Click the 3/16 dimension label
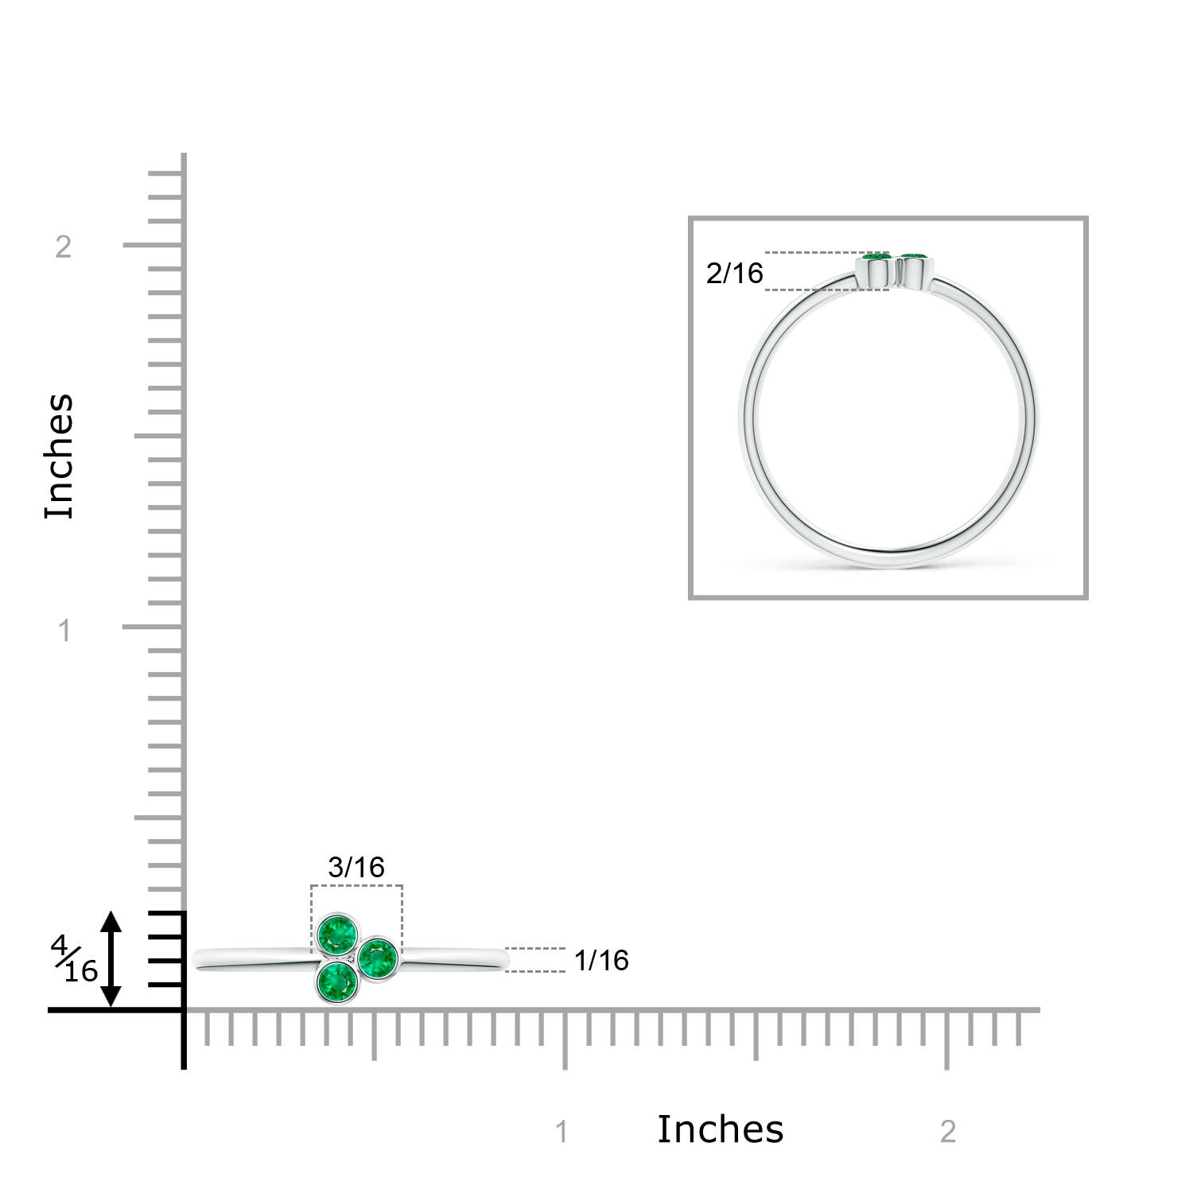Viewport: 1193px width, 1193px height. [x=356, y=867]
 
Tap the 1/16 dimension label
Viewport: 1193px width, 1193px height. [x=601, y=960]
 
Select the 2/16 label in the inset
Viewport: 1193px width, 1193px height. [x=734, y=273]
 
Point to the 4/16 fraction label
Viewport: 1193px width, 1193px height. [x=75, y=958]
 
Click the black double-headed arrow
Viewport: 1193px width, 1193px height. [x=111, y=959]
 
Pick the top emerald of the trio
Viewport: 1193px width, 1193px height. [x=337, y=935]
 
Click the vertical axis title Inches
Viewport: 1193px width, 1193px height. [x=60, y=457]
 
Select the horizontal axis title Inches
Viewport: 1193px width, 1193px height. [x=721, y=1129]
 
